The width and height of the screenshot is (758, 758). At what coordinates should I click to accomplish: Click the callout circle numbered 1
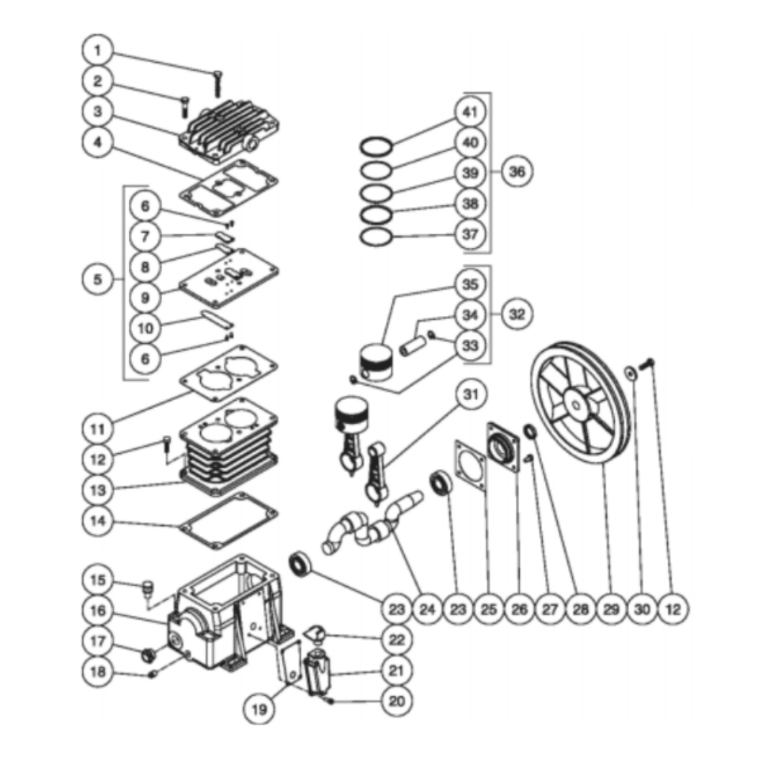(97, 52)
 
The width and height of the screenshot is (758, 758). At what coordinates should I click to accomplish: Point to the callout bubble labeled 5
(97, 280)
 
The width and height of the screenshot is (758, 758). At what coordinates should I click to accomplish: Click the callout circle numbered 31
(471, 394)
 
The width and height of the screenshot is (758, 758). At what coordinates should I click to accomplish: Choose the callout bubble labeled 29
(612, 608)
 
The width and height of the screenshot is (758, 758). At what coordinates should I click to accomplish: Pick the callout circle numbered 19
(259, 709)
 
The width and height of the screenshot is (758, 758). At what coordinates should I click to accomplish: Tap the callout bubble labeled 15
(97, 581)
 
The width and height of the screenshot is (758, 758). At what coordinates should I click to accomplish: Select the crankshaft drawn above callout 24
(371, 523)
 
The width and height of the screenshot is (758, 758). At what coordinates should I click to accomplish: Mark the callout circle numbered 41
(471, 112)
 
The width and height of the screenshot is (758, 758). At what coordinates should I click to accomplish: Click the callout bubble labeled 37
(471, 234)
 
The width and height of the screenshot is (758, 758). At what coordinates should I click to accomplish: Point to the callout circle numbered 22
(397, 640)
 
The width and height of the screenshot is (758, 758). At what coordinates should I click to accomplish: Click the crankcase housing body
(227, 614)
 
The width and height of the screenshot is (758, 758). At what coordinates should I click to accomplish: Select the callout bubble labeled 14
(97, 522)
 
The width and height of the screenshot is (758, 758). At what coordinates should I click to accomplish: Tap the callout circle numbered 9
(145, 296)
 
